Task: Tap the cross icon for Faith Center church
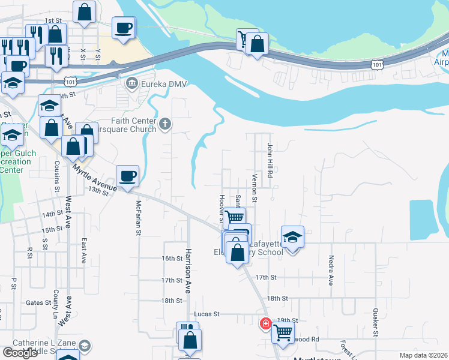click(166, 125)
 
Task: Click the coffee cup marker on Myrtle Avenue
click(127, 176)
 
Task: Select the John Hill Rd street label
click(270, 160)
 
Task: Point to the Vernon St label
click(255, 188)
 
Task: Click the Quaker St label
click(375, 322)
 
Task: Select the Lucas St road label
click(207, 314)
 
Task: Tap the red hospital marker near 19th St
click(265, 324)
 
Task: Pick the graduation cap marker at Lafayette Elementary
click(292, 236)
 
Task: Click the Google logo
click(20, 352)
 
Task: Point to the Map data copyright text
click(424, 355)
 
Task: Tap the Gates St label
click(39, 303)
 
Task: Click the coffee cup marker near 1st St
click(124, 28)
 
